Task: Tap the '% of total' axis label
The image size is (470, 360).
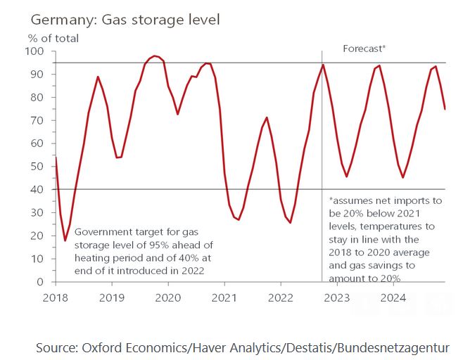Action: click(53, 38)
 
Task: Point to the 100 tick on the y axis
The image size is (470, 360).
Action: click(35, 51)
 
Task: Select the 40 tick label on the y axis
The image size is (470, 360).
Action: click(38, 190)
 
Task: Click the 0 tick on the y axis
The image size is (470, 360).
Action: click(41, 282)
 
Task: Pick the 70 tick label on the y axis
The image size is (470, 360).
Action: click(38, 120)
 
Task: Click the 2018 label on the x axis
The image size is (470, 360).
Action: click(55, 297)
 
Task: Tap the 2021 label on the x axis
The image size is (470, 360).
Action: click(224, 297)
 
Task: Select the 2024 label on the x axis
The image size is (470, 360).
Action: click(393, 297)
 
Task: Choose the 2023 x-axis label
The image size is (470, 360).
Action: click(337, 297)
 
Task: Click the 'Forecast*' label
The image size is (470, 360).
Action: click(364, 49)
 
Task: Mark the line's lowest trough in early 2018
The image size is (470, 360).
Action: click(65, 240)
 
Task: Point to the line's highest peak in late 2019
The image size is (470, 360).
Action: click(155, 56)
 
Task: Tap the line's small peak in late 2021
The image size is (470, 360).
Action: click(267, 117)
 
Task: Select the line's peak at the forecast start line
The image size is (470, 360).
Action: click(323, 65)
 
